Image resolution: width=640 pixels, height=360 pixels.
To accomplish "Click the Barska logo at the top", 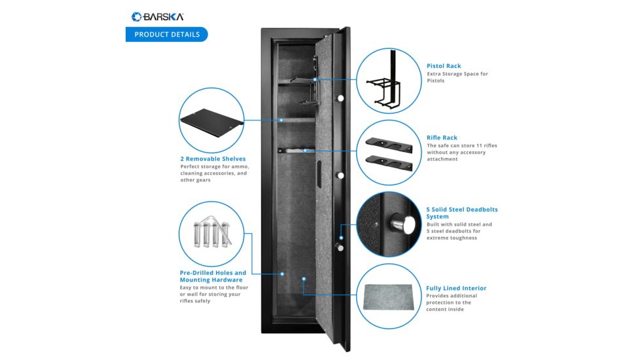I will click(x=157, y=16).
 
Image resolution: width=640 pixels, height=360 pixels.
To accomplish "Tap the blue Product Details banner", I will click(x=167, y=35).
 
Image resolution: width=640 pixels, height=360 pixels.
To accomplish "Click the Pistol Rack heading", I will click(x=444, y=66).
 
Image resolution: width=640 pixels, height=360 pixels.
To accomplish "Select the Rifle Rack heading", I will click(x=442, y=138).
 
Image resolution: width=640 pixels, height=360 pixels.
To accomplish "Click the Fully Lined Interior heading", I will click(x=456, y=288).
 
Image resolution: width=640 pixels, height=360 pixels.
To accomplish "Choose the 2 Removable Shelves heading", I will click(x=213, y=159).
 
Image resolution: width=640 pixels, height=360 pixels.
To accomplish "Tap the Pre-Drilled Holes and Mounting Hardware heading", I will click(x=213, y=276).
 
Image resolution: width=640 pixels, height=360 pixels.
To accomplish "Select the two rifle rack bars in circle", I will click(x=389, y=152).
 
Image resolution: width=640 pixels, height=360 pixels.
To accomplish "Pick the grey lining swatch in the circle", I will click(x=389, y=297).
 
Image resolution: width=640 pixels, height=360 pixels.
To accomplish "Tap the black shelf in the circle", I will click(x=211, y=121).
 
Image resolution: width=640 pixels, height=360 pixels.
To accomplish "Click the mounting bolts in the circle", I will click(x=211, y=234).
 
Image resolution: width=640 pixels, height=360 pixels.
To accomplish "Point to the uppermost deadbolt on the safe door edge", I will click(x=340, y=98).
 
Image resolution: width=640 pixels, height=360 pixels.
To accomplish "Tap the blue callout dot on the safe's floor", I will click(x=304, y=279).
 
